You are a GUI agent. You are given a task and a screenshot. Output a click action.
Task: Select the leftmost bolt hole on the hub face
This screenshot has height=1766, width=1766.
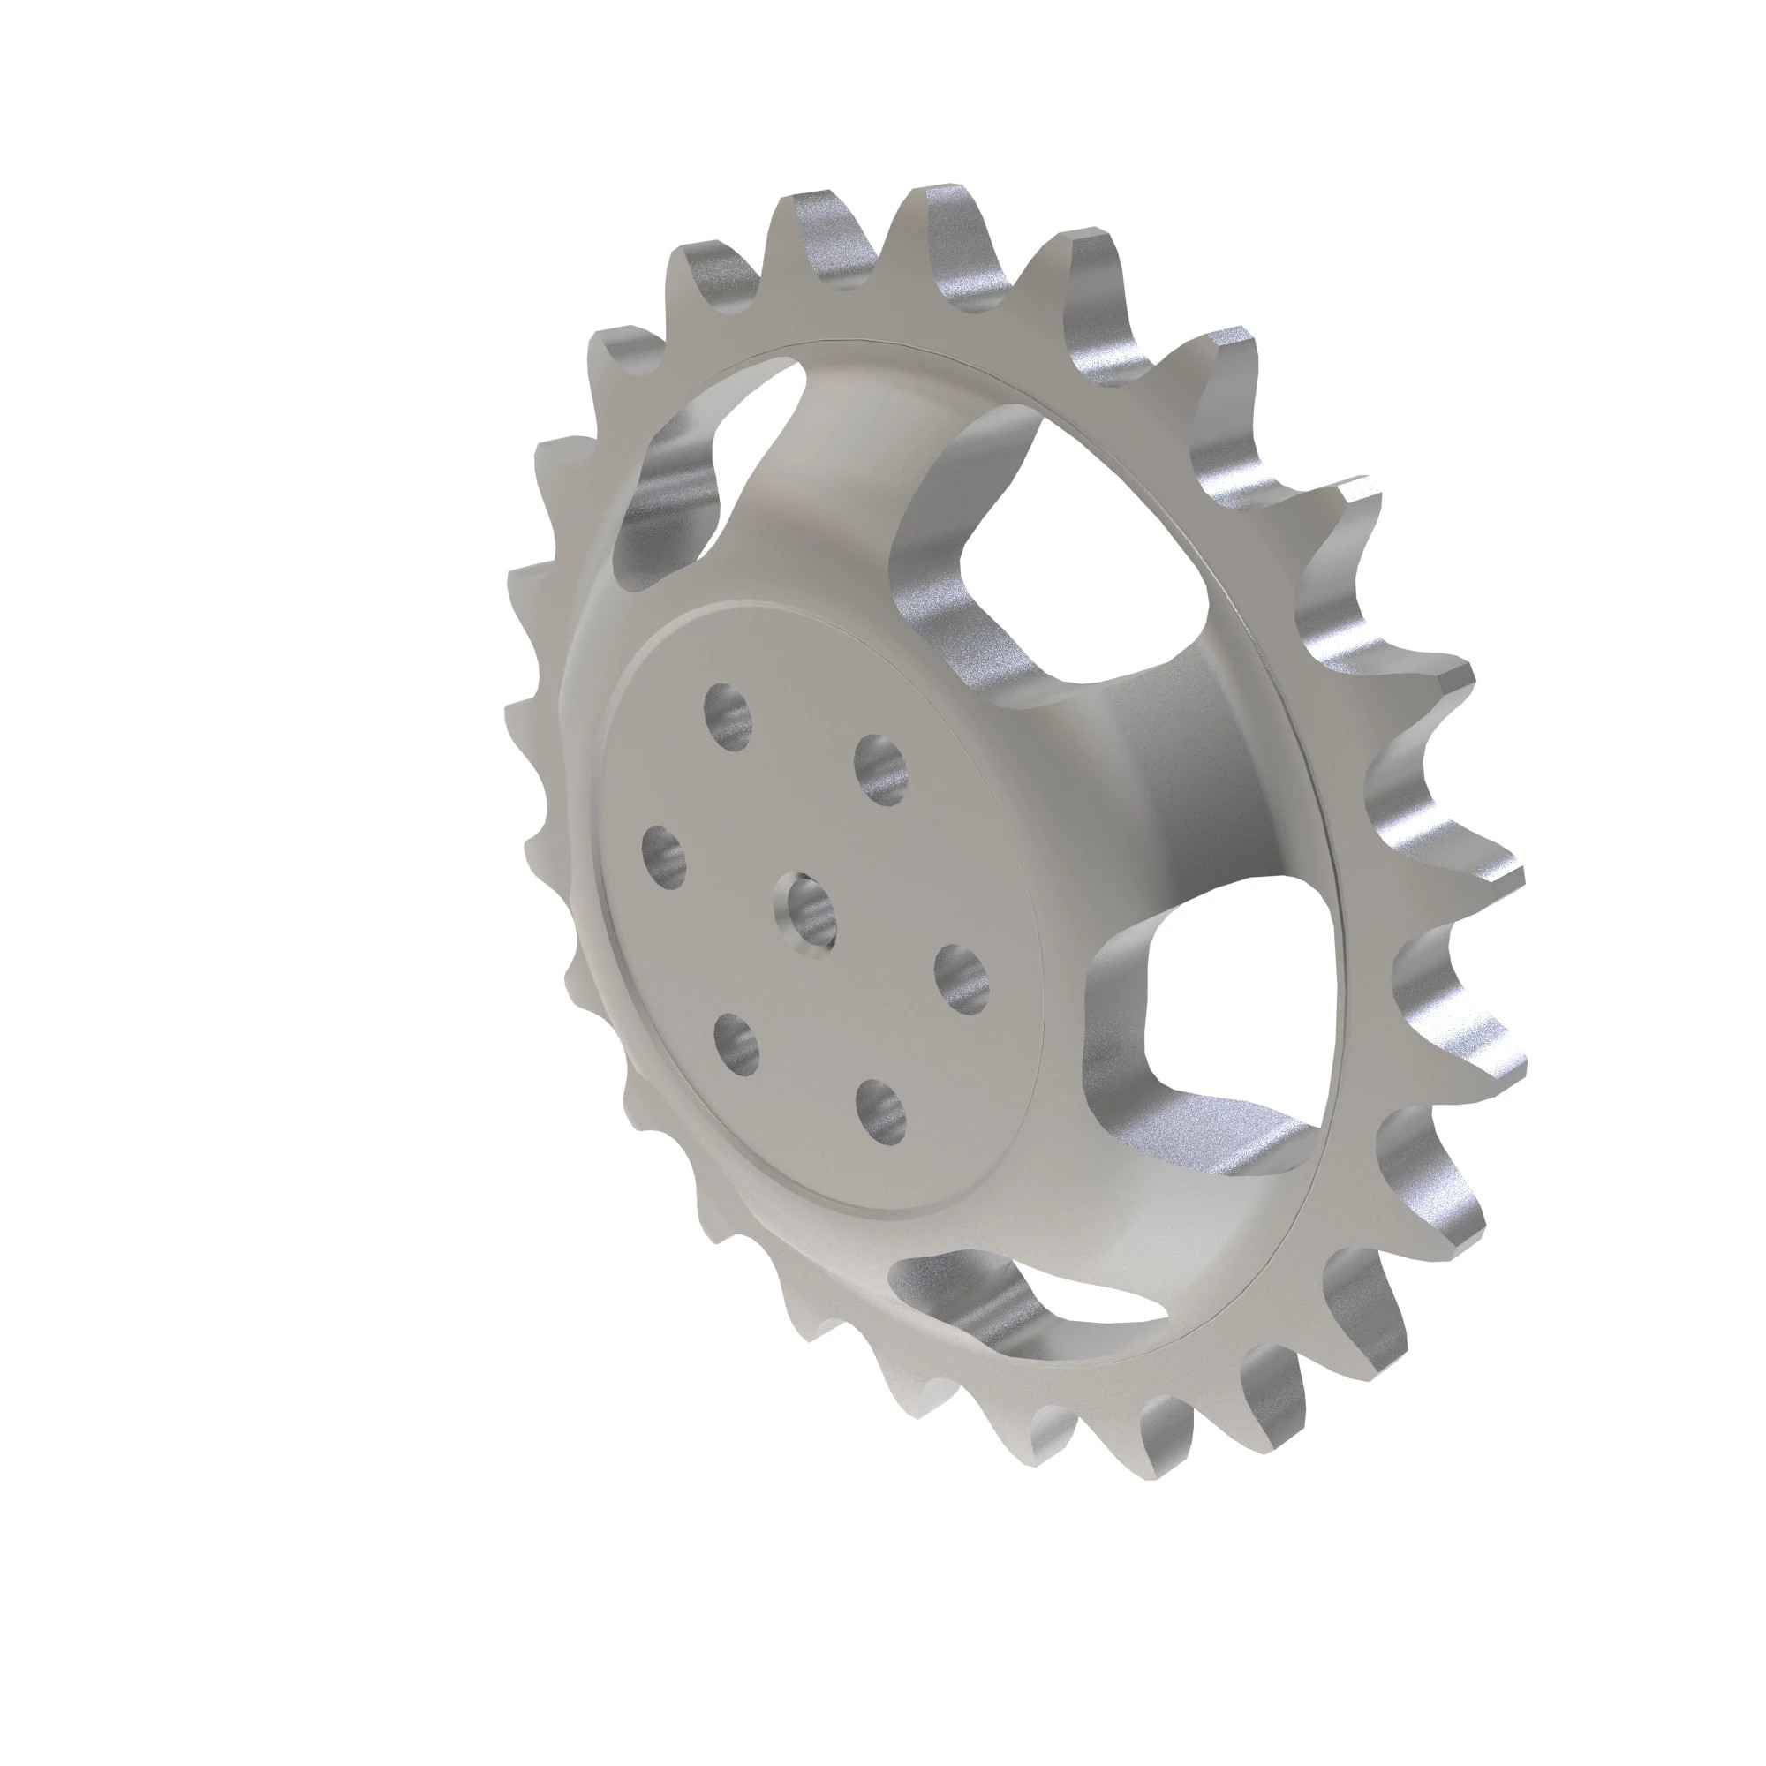coord(666,857)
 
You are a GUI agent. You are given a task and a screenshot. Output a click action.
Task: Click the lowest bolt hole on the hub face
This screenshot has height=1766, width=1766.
coord(881,1111)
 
